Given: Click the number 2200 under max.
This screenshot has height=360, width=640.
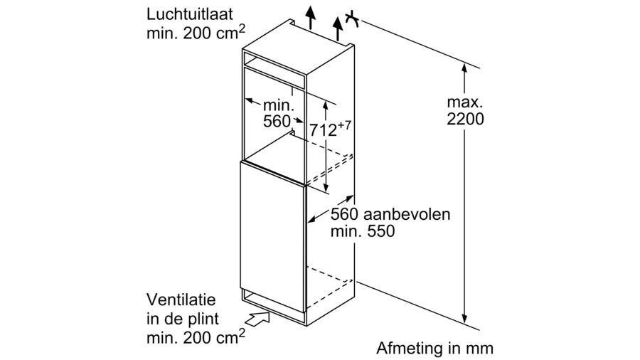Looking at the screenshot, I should (465, 120).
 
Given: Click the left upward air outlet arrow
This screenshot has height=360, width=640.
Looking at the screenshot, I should (309, 16).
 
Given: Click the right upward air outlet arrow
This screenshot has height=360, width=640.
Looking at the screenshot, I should (338, 26).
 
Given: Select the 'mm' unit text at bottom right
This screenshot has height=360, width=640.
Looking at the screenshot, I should (481, 349).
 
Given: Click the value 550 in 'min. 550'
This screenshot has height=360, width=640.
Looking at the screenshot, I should (381, 232).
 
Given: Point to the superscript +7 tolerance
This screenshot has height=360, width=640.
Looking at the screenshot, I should (345, 125).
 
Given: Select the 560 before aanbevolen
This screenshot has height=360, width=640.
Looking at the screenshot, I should (345, 214).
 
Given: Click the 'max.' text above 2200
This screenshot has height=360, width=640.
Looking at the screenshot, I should (465, 101).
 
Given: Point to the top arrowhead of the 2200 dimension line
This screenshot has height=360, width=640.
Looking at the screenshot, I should (464, 68).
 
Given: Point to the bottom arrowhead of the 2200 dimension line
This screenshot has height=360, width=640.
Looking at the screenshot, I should (464, 319).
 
